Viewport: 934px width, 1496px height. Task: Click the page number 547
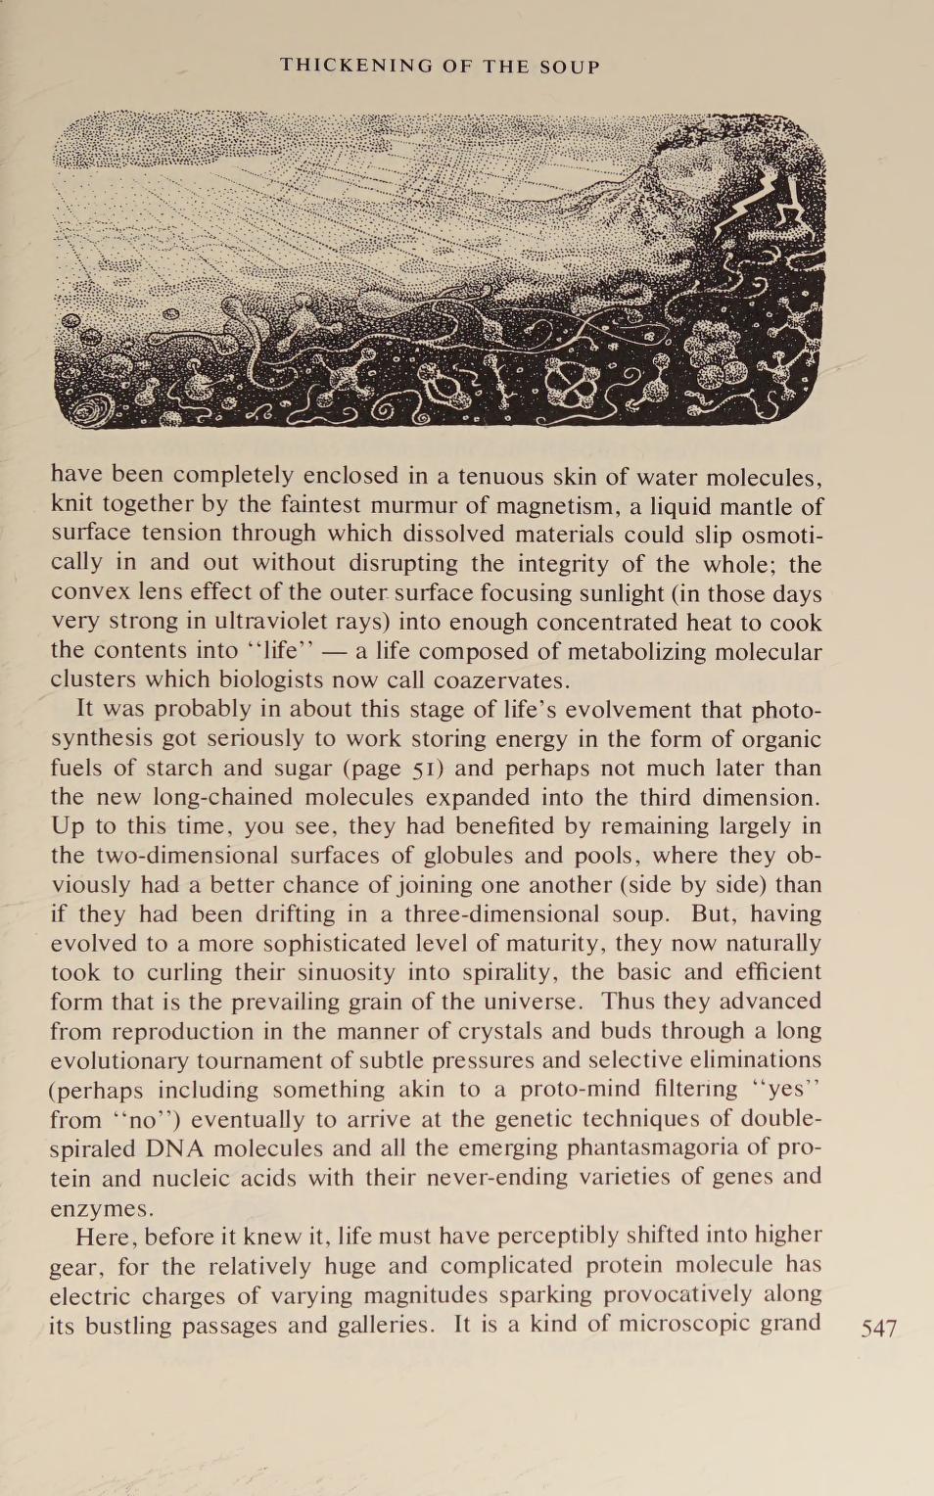pos(878,1328)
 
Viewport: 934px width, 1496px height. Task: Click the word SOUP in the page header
pos(570,67)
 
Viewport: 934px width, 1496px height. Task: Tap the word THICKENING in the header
pos(356,67)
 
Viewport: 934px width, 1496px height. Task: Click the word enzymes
pos(102,1208)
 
